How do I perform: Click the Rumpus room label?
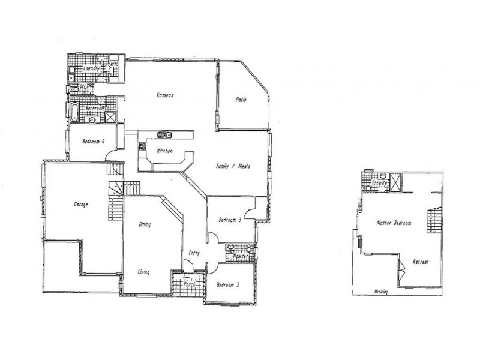165,95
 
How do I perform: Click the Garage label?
80,204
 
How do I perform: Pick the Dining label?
145,224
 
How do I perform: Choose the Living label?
143,272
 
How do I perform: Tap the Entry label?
194,253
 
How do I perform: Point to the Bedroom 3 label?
230,220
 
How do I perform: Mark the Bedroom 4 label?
94,142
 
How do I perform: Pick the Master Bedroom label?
394,223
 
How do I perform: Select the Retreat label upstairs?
421,262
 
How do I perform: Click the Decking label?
380,292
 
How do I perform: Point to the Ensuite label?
378,182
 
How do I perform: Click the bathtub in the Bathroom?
74,111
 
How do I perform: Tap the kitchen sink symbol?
164,134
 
